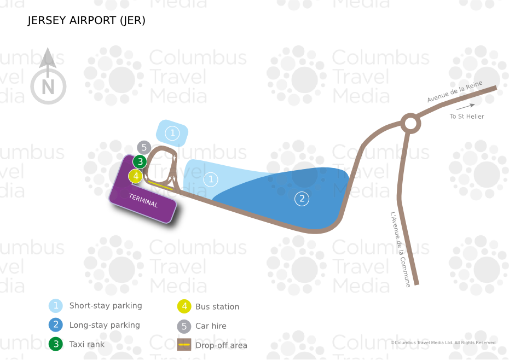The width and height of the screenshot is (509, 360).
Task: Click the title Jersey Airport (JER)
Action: pos(86,20)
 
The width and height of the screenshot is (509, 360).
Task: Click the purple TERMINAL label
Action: pos(143,200)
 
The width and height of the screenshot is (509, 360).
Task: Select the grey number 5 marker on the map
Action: pos(144,148)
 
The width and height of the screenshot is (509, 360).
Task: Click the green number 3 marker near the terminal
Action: pos(140,161)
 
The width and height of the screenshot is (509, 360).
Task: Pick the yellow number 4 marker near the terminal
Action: pos(136,176)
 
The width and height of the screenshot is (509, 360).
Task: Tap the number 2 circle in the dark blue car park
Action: pos(302,199)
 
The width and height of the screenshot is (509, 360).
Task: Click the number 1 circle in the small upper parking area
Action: pos(172,133)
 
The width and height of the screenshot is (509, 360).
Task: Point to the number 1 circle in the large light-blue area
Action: pos(211,179)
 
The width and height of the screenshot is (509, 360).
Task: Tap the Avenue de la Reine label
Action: pos(455,91)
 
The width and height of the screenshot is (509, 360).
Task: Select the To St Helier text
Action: pos(467,116)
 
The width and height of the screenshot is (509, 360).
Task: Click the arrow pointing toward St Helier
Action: pos(466,107)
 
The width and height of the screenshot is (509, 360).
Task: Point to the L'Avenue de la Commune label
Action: pos(400,249)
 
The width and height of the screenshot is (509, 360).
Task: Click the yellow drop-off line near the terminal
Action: pos(160,185)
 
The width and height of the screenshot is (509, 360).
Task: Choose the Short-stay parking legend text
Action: pos(106,306)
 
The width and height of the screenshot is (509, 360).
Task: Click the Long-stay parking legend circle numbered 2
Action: pos(56,325)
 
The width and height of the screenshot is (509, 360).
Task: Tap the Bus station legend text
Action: pos(217,307)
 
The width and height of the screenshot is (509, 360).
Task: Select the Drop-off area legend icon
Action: pos(184,345)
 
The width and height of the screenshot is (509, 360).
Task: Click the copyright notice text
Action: pos(443,343)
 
